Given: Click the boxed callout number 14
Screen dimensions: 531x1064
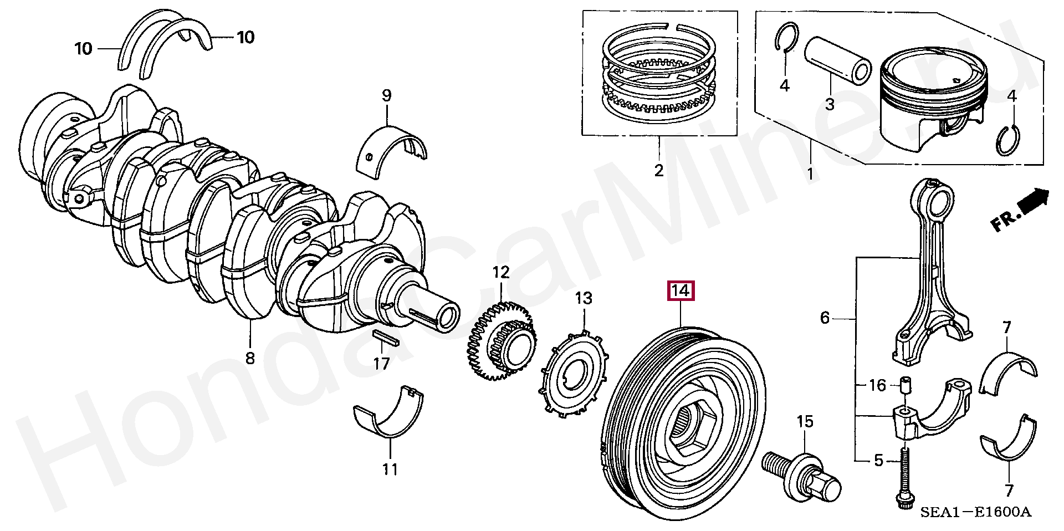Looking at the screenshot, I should pyautogui.click(x=681, y=291).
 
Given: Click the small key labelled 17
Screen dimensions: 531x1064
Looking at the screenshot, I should pyautogui.click(x=383, y=339).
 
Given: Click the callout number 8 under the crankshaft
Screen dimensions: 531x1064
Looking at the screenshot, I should pyautogui.click(x=250, y=358).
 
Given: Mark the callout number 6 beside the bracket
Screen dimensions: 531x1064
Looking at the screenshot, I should pyautogui.click(x=825, y=318).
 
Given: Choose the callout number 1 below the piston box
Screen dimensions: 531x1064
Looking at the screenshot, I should pyautogui.click(x=810, y=174).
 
